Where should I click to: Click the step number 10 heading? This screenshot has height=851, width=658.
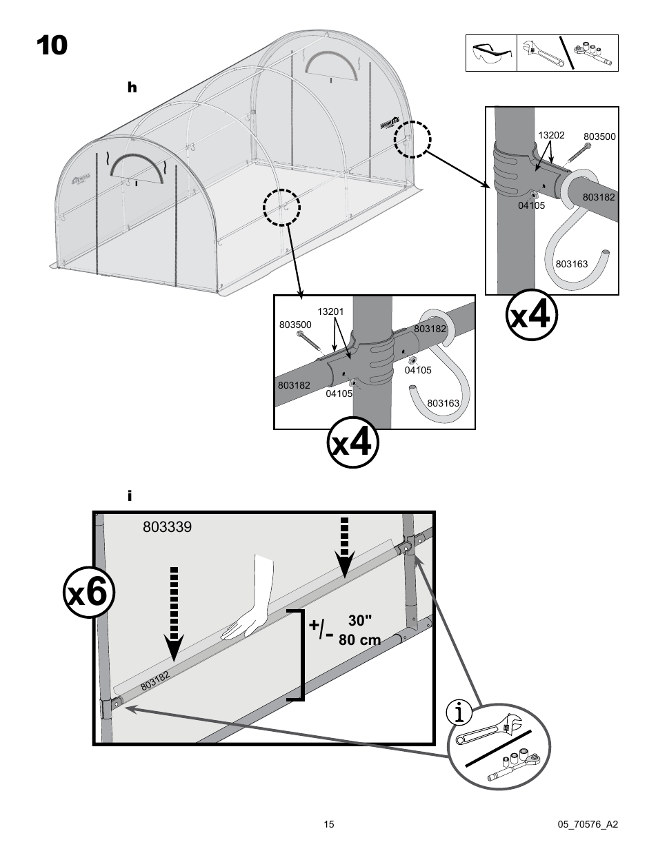pyautogui.click(x=52, y=45)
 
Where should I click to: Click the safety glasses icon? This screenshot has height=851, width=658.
pyautogui.click(x=491, y=52)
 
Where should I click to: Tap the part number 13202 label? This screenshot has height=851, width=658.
pyautogui.click(x=551, y=135)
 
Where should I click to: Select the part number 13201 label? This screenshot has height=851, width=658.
pyautogui.click(x=330, y=312)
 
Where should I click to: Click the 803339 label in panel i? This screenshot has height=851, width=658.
pyautogui.click(x=167, y=527)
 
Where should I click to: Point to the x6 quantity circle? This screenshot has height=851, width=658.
pyautogui.click(x=88, y=593)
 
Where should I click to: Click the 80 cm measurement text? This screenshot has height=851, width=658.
pyautogui.click(x=359, y=640)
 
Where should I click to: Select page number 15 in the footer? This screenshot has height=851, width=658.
pyautogui.click(x=329, y=824)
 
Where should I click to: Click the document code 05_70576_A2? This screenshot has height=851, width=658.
pyautogui.click(x=587, y=824)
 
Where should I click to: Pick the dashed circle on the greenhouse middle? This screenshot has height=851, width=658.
pyautogui.click(x=281, y=207)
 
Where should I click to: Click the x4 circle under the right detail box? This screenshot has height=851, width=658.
pyautogui.click(x=530, y=316)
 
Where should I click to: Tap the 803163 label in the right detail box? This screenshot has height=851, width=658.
pyautogui.click(x=571, y=264)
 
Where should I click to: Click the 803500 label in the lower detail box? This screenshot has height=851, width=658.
pyautogui.click(x=295, y=325)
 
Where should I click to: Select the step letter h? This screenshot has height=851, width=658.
pyautogui.click(x=132, y=88)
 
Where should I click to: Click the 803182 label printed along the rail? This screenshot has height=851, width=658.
pyautogui.click(x=155, y=681)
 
